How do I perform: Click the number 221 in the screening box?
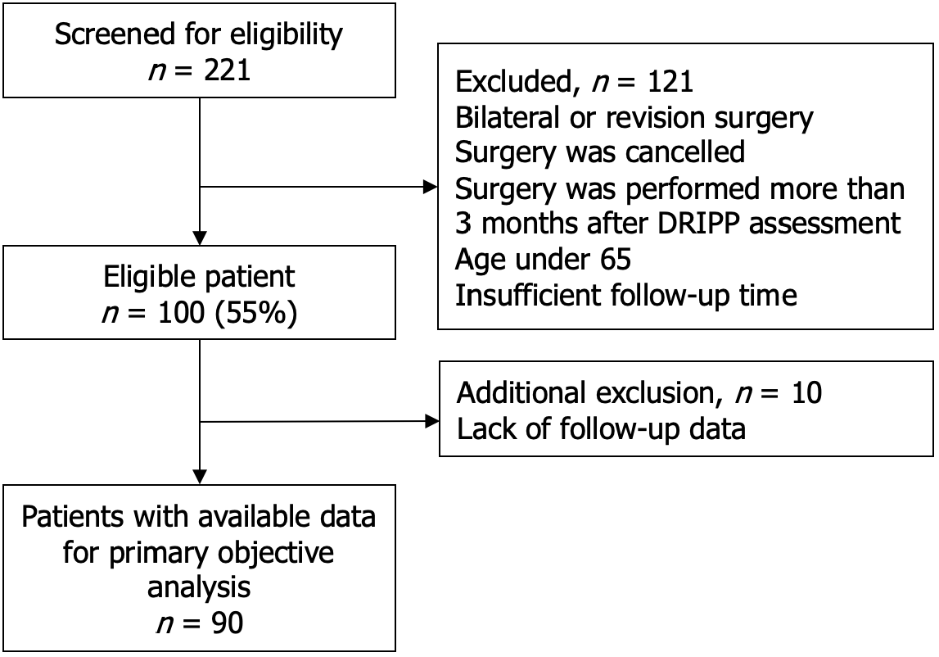227,70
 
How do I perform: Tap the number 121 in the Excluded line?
670,81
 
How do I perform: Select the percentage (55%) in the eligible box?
255,313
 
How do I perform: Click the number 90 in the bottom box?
227,623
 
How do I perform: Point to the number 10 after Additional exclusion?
806,392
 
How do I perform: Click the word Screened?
115,34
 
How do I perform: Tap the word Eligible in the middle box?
149,278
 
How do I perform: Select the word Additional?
521,392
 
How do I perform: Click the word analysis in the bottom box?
199,587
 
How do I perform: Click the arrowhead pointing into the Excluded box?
430,187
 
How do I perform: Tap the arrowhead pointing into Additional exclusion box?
431,421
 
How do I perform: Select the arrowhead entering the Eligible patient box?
200,238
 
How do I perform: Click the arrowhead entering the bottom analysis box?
200,477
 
